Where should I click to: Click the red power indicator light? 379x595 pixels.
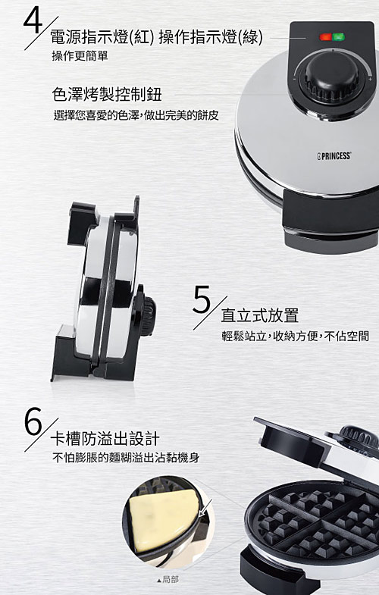pos(325,37)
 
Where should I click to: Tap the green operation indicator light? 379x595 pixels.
pos(338,37)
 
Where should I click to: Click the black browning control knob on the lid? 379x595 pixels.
pos(332,79)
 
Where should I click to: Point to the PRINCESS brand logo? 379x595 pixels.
pos(334,155)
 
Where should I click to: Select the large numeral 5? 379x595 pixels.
pos(202,300)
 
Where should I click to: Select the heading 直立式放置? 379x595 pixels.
pos(260,315)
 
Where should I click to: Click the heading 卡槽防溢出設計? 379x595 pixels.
pos(105,439)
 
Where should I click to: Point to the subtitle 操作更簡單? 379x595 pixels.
pos(80,56)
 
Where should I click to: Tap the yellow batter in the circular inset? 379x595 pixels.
pos(163,520)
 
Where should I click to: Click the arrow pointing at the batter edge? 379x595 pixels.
pos(205,508)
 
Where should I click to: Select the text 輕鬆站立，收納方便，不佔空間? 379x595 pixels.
pos(295,336)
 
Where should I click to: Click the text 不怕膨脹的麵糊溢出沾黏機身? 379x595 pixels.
pos(126,458)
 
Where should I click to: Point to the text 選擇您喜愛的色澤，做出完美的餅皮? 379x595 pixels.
pos(136,115)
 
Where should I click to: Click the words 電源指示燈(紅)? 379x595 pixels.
pos(103,37)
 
